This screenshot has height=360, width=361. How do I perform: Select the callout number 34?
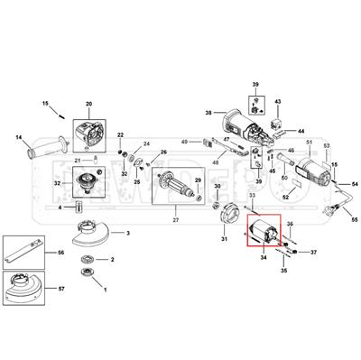263,257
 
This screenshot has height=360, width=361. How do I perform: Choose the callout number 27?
177,219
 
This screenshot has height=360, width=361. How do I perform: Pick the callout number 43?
278,102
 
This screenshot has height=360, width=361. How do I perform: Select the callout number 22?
120,134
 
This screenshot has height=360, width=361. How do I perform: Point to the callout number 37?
312,254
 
